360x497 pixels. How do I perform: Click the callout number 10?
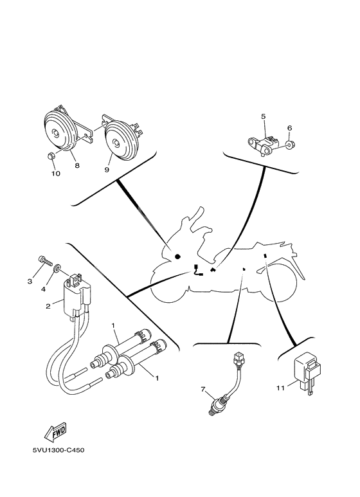(55, 174)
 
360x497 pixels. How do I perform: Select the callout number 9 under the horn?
(107, 170)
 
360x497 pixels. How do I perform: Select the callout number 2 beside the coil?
(48, 306)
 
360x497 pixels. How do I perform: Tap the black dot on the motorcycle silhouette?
(177, 257)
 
